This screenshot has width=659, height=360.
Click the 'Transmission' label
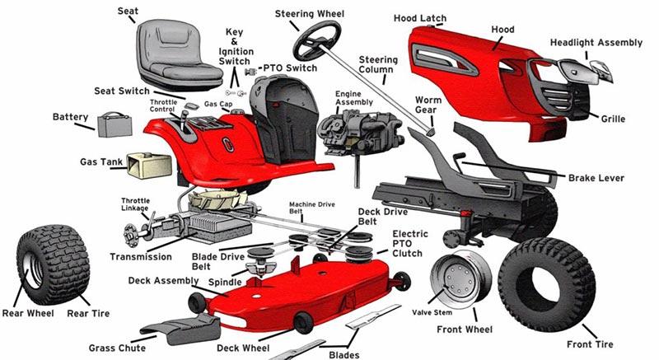point(141,256)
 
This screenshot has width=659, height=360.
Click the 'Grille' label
point(613,119)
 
